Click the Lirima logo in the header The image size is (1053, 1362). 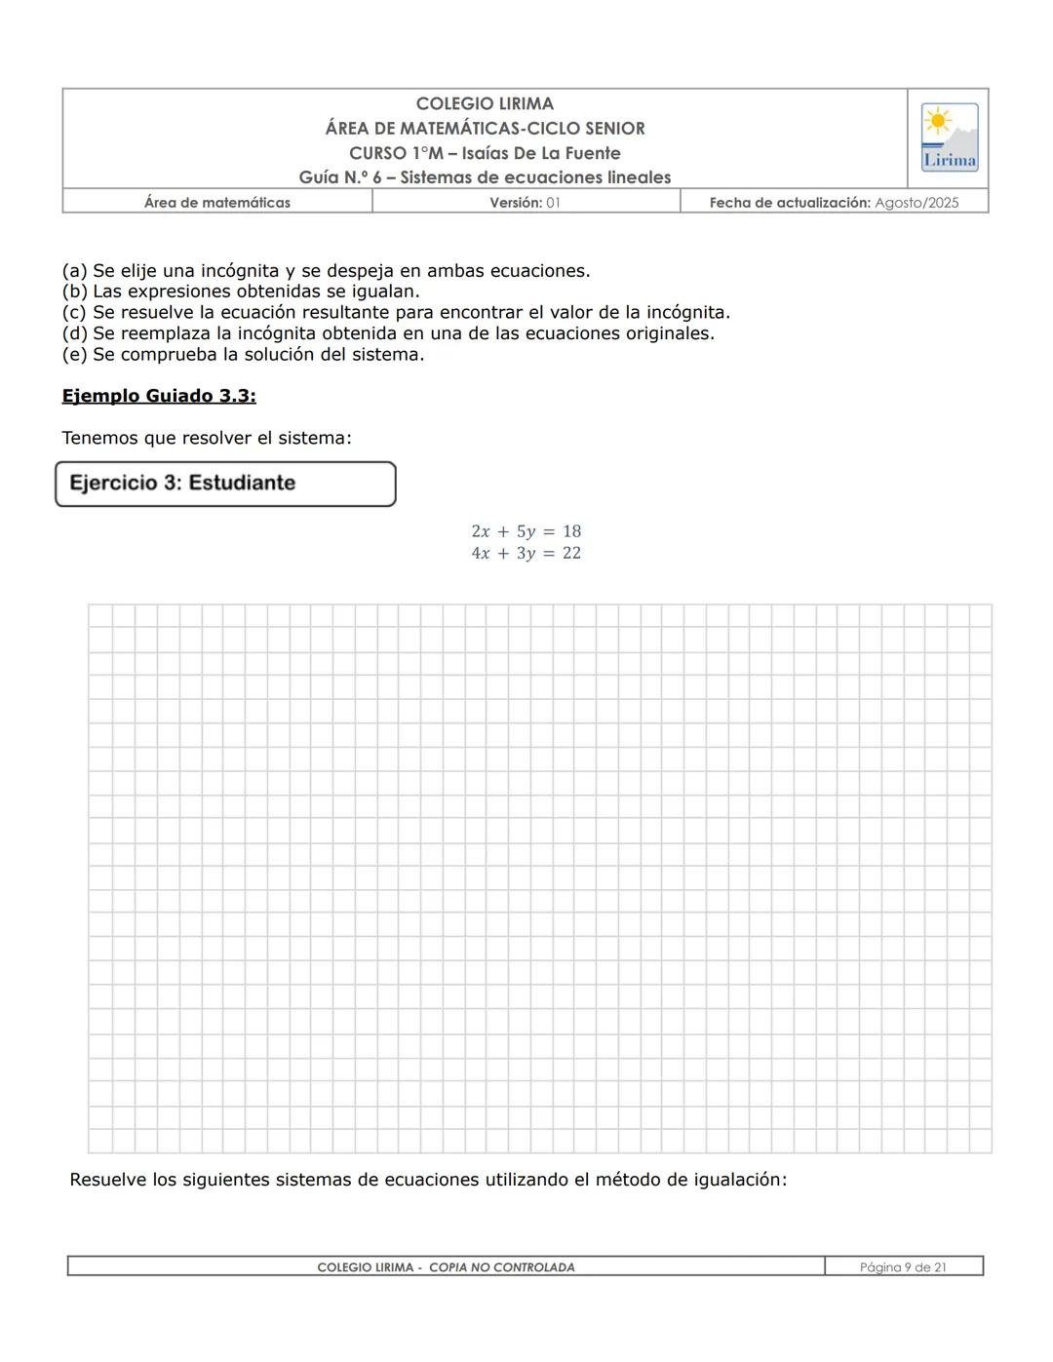click(949, 137)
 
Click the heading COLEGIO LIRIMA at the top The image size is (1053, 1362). click(485, 103)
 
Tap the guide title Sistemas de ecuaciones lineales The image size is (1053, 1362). click(535, 177)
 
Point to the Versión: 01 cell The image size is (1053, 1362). click(525, 203)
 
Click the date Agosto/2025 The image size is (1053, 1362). click(916, 203)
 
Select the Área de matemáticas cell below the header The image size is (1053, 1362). click(216, 203)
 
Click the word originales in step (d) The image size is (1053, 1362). click(669, 333)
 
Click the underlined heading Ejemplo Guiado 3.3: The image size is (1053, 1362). click(159, 396)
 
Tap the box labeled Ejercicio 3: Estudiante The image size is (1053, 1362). click(225, 484)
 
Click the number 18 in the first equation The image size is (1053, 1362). click(571, 531)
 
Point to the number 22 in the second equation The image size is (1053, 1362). click(571, 553)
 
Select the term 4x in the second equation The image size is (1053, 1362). click(481, 553)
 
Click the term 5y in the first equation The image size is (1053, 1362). click(526, 531)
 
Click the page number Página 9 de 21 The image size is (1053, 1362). click(903, 1267)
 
